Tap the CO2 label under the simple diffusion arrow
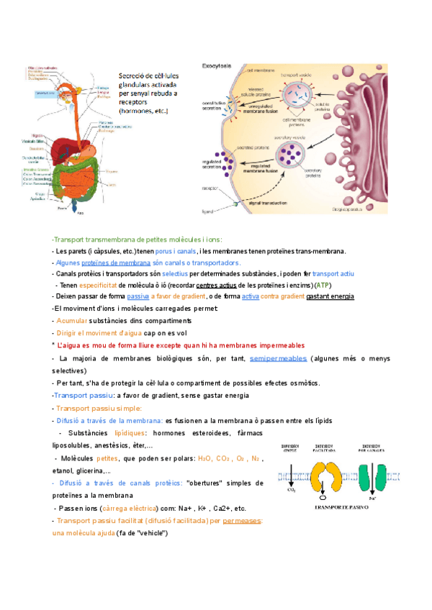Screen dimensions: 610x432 (291, 493)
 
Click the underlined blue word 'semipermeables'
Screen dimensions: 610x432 (278, 358)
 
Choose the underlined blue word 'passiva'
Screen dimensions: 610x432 (138, 296)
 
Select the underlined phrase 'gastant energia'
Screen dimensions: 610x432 (330, 296)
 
